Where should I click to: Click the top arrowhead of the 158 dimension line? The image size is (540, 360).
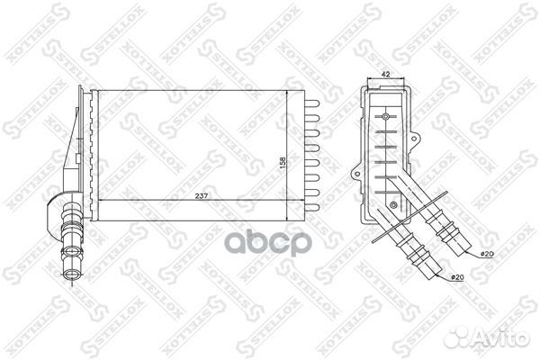286,93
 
